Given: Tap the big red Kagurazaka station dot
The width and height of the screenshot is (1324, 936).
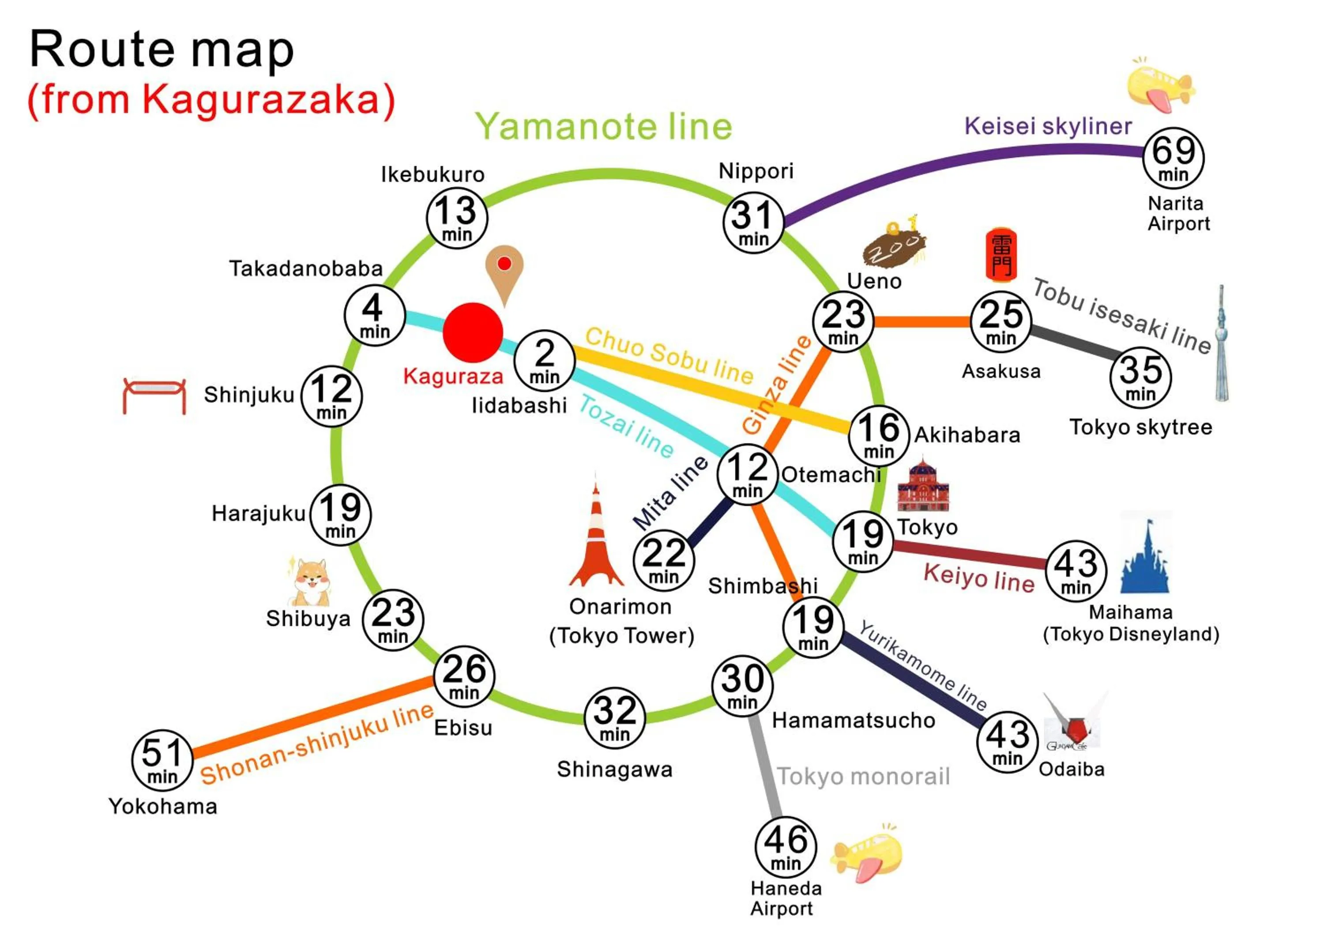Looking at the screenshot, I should (x=473, y=333).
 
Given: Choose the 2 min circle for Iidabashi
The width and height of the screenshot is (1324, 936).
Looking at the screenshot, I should (x=544, y=360).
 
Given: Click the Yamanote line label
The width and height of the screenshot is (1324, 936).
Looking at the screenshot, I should (x=603, y=126).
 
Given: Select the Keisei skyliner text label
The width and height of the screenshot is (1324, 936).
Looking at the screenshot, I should (x=1048, y=126).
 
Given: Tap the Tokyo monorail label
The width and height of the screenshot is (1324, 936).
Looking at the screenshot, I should (x=863, y=776).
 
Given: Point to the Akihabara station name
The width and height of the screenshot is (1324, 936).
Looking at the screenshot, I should (x=967, y=435).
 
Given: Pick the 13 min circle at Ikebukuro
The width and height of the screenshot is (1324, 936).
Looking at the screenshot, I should (x=457, y=218).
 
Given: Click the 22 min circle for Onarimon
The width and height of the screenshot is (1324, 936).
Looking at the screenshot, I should (x=664, y=560).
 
